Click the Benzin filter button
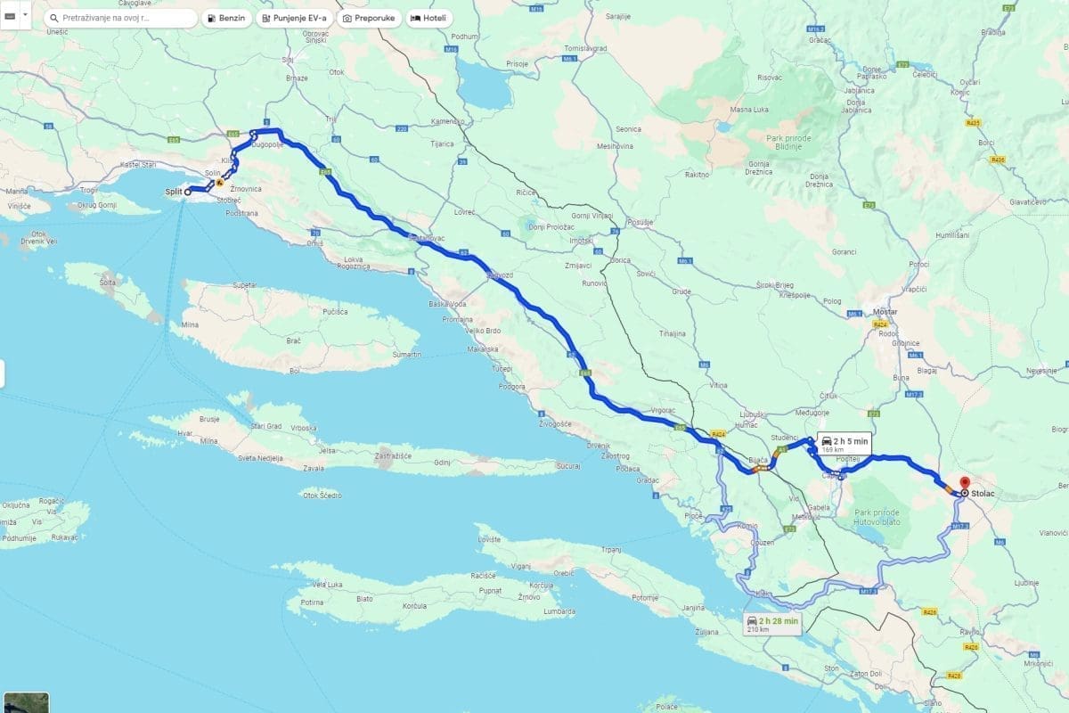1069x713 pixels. pyautogui.click(x=226, y=18)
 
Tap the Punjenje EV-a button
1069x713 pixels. pyautogui.click(x=292, y=18)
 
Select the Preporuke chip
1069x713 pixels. pyautogui.click(x=369, y=18)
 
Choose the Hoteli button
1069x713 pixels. pyautogui.click(x=430, y=18)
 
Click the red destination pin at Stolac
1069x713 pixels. pyautogui.click(x=964, y=485)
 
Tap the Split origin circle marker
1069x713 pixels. pyautogui.click(x=188, y=192)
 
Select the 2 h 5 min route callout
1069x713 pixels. pyautogui.click(x=843, y=445)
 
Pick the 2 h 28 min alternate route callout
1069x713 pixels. pyautogui.click(x=773, y=623)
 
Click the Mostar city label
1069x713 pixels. pyautogui.click(x=885, y=312)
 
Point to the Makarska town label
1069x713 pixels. pyautogui.click(x=482, y=348)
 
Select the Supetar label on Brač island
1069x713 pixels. pyautogui.click(x=244, y=285)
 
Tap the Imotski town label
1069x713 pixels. pyautogui.click(x=581, y=240)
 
